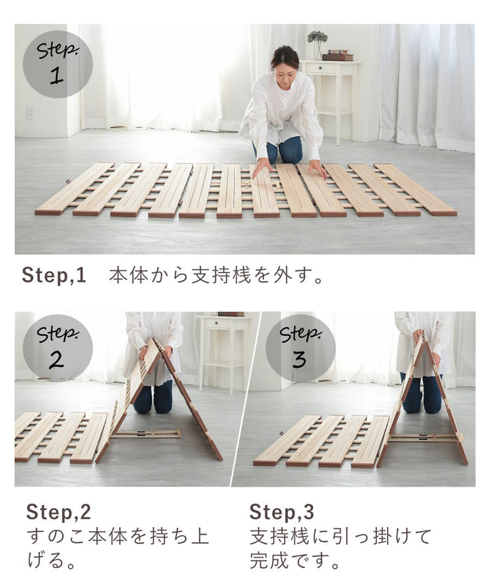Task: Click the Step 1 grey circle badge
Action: (58, 63)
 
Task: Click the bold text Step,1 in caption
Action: (54, 276)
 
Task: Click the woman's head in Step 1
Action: (284, 60)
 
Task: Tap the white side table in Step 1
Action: (331, 95)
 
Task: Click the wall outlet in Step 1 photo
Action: (29, 112)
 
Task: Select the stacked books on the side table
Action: (338, 55)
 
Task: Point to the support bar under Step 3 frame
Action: (422, 438)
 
